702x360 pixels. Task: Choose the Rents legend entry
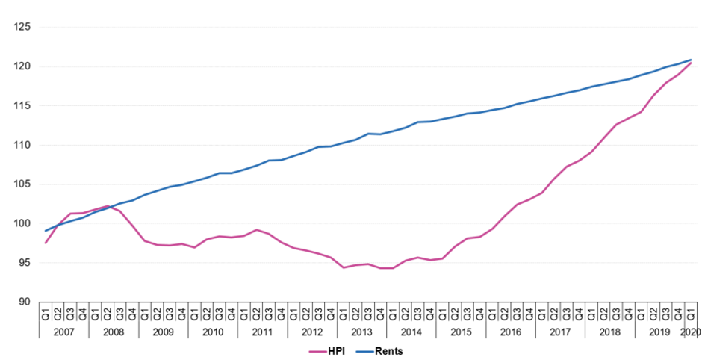383,350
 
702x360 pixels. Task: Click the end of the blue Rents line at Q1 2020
691,60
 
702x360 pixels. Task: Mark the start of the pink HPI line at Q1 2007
46,243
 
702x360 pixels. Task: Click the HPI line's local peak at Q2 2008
108,205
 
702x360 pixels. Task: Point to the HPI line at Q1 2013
344,267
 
